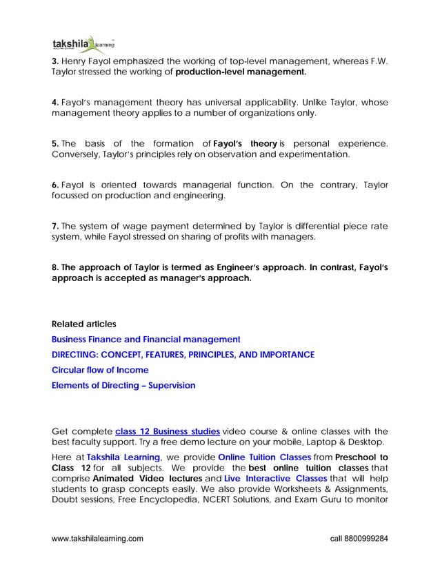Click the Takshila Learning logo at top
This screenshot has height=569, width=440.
click(78, 45)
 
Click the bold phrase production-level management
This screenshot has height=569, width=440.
click(241, 71)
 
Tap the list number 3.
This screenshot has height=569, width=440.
click(55, 60)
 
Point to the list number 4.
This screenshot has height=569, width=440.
click(55, 102)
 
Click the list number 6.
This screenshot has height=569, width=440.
click(55, 185)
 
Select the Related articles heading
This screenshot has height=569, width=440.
click(84, 324)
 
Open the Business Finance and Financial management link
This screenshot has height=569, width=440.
click(146, 339)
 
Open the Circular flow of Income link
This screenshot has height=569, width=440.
click(100, 370)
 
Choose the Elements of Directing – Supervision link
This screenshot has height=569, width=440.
click(123, 385)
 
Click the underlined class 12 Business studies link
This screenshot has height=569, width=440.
click(168, 432)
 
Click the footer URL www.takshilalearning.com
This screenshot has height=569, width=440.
click(98, 537)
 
